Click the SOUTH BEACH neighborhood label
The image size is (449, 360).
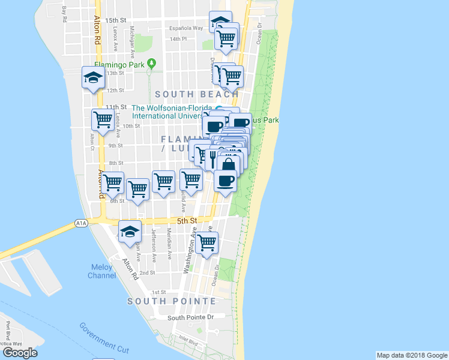click(x=197, y=94)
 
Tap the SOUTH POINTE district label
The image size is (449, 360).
click(x=171, y=301)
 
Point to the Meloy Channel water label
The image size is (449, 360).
click(x=102, y=271)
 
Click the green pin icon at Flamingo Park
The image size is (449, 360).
click(x=152, y=62)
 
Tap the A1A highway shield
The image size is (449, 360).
click(x=82, y=223)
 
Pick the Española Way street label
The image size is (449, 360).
click(x=186, y=28)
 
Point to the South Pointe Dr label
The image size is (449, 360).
click(x=190, y=317)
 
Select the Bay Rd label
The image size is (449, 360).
click(x=64, y=15)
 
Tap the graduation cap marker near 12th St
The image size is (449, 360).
click(x=94, y=77)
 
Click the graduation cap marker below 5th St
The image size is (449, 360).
click(x=130, y=232)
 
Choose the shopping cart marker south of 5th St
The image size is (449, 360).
click(x=206, y=243)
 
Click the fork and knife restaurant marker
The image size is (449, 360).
click(x=212, y=158)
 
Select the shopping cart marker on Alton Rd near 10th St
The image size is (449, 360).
click(x=103, y=119)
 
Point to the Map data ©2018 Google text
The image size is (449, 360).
click(x=412, y=355)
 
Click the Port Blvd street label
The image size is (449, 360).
click(x=8, y=331)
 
